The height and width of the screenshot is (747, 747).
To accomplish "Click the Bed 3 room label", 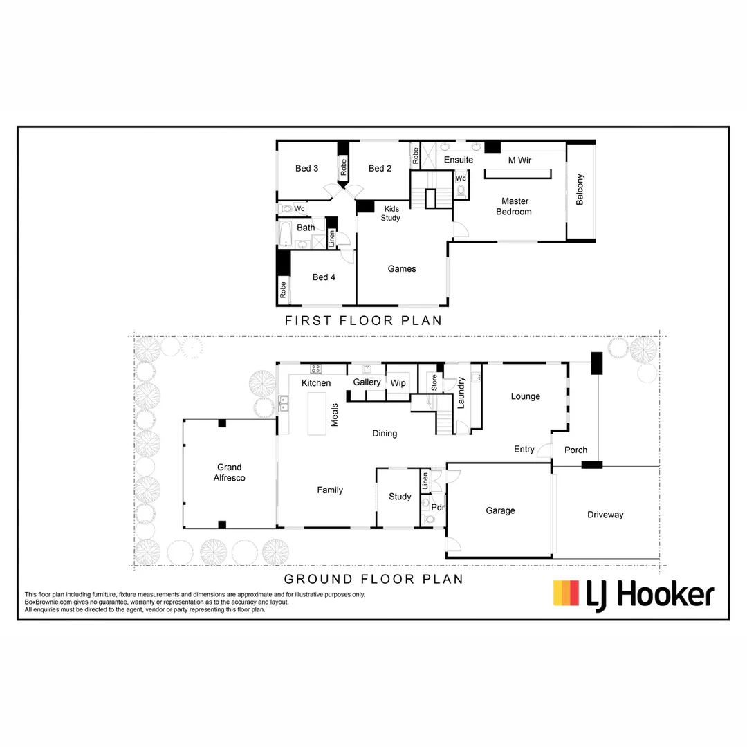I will point(306,168).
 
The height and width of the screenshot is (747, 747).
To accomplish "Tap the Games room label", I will point(402,268).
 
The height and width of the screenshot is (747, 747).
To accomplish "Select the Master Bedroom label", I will point(514,206).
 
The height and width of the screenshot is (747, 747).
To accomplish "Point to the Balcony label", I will point(580,189).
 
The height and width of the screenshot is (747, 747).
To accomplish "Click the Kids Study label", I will point(391,213).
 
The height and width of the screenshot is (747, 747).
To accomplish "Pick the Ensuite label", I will point(459,160).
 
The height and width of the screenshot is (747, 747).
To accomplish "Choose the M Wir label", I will point(519,160).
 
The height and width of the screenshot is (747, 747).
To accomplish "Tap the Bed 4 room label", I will point(324,277).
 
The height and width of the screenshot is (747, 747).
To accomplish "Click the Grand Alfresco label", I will point(229,472).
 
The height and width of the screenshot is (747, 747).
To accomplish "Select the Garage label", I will point(500,510).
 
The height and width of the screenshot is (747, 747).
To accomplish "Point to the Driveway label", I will point(605,514).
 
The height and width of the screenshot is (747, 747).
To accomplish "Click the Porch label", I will point(575,450).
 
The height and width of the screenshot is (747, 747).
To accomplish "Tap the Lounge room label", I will point(526,396).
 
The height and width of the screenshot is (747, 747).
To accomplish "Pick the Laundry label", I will point(461,391).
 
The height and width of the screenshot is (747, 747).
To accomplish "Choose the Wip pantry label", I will point(398,382).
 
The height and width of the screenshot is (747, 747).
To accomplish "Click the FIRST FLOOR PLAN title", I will point(363,321).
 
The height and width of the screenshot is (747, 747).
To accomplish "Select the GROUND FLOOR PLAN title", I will point(373,579).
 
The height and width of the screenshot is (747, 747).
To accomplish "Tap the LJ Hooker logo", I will point(634,593).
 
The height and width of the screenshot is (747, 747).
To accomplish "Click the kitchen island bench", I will point(317,414).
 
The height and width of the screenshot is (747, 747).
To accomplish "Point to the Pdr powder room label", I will point(437,507).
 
